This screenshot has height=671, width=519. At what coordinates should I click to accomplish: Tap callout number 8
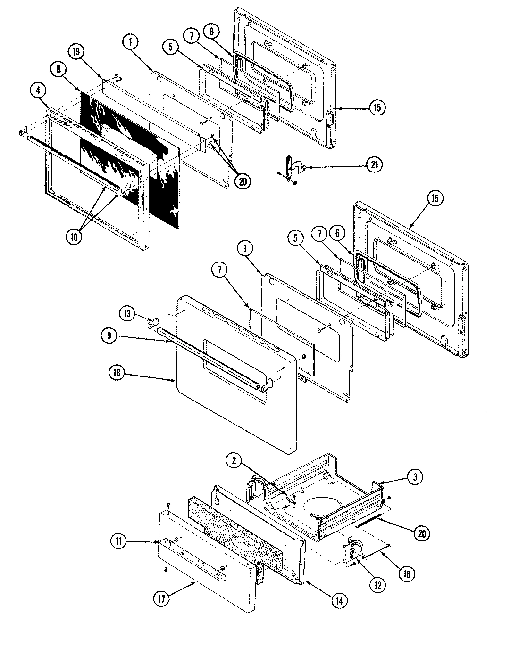[59, 69]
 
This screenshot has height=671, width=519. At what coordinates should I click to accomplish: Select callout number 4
[36, 90]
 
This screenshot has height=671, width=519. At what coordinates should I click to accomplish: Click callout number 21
[375, 165]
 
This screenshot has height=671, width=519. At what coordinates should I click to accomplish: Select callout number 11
[119, 541]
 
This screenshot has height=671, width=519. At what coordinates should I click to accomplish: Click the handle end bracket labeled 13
[152, 325]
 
